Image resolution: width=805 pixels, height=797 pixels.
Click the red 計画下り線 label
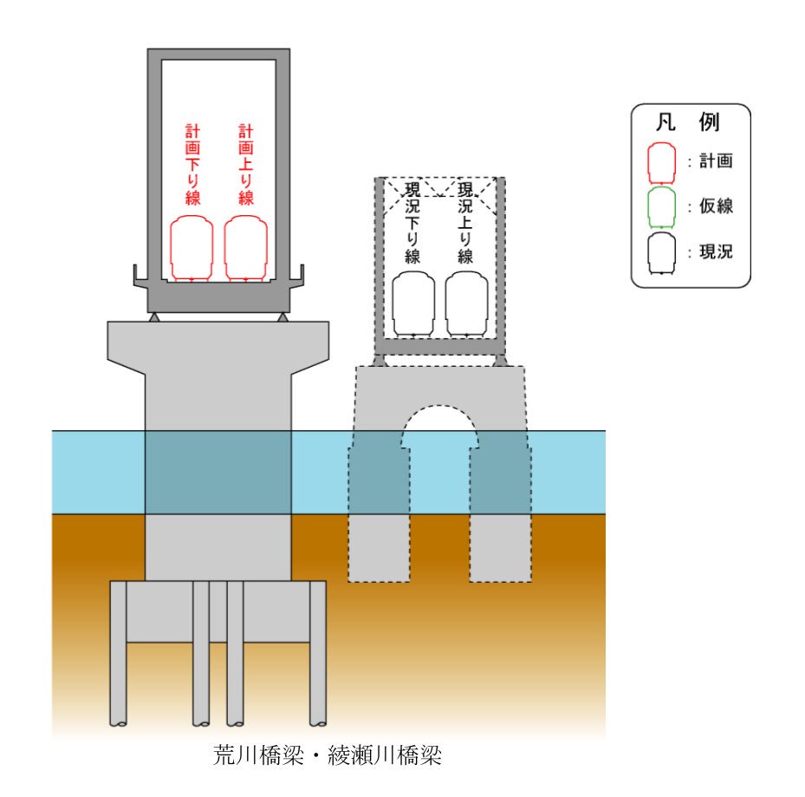[x=192, y=165]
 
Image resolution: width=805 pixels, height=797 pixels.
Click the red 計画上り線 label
[x=246, y=165]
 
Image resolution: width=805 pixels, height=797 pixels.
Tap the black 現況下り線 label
[x=412, y=223]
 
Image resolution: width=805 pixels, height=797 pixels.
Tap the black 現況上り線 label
[x=465, y=223]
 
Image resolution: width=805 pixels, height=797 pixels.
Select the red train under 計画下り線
[x=192, y=249]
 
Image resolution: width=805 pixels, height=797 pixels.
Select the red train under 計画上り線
[x=246, y=249]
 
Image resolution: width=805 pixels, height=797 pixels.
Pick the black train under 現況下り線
[x=413, y=304]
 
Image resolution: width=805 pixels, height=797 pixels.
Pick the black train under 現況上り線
[x=467, y=304]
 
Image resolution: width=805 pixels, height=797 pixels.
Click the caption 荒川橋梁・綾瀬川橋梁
[x=328, y=755]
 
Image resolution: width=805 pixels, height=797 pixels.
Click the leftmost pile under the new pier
[x=119, y=655]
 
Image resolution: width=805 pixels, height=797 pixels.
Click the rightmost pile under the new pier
[x=318, y=655]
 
